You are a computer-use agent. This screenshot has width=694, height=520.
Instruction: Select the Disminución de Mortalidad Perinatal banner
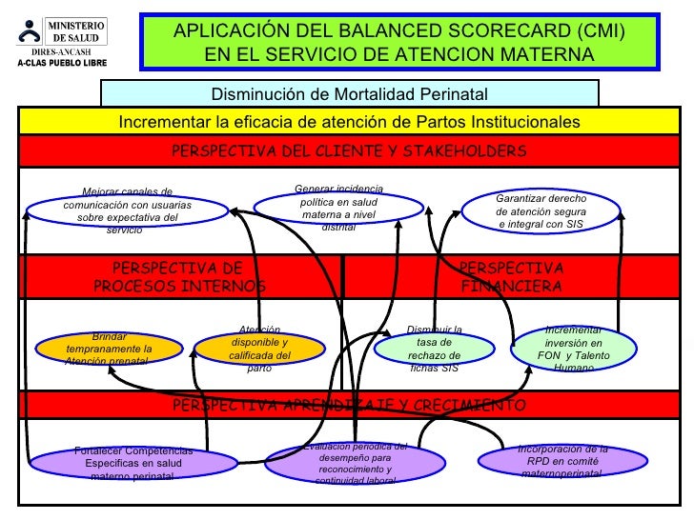[x=349, y=93]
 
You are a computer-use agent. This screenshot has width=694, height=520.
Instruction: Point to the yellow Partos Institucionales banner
[x=349, y=122]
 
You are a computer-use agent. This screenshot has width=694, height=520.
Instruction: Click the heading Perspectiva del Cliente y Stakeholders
[x=349, y=151]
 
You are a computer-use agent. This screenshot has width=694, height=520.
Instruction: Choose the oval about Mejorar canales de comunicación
[x=129, y=210]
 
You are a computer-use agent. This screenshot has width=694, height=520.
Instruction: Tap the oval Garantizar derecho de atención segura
[x=541, y=210]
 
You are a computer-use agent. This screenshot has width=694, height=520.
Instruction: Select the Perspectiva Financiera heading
[x=512, y=277]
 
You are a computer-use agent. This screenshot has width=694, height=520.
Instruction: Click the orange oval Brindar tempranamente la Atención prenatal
[x=109, y=349]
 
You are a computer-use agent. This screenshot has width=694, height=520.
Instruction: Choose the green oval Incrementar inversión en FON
[x=573, y=348]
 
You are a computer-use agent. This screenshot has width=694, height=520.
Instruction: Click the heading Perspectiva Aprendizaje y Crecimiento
[x=349, y=405]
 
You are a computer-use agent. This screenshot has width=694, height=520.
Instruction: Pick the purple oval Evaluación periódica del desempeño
[x=355, y=463]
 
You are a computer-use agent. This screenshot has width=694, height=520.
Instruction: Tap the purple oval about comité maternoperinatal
[x=561, y=461]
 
